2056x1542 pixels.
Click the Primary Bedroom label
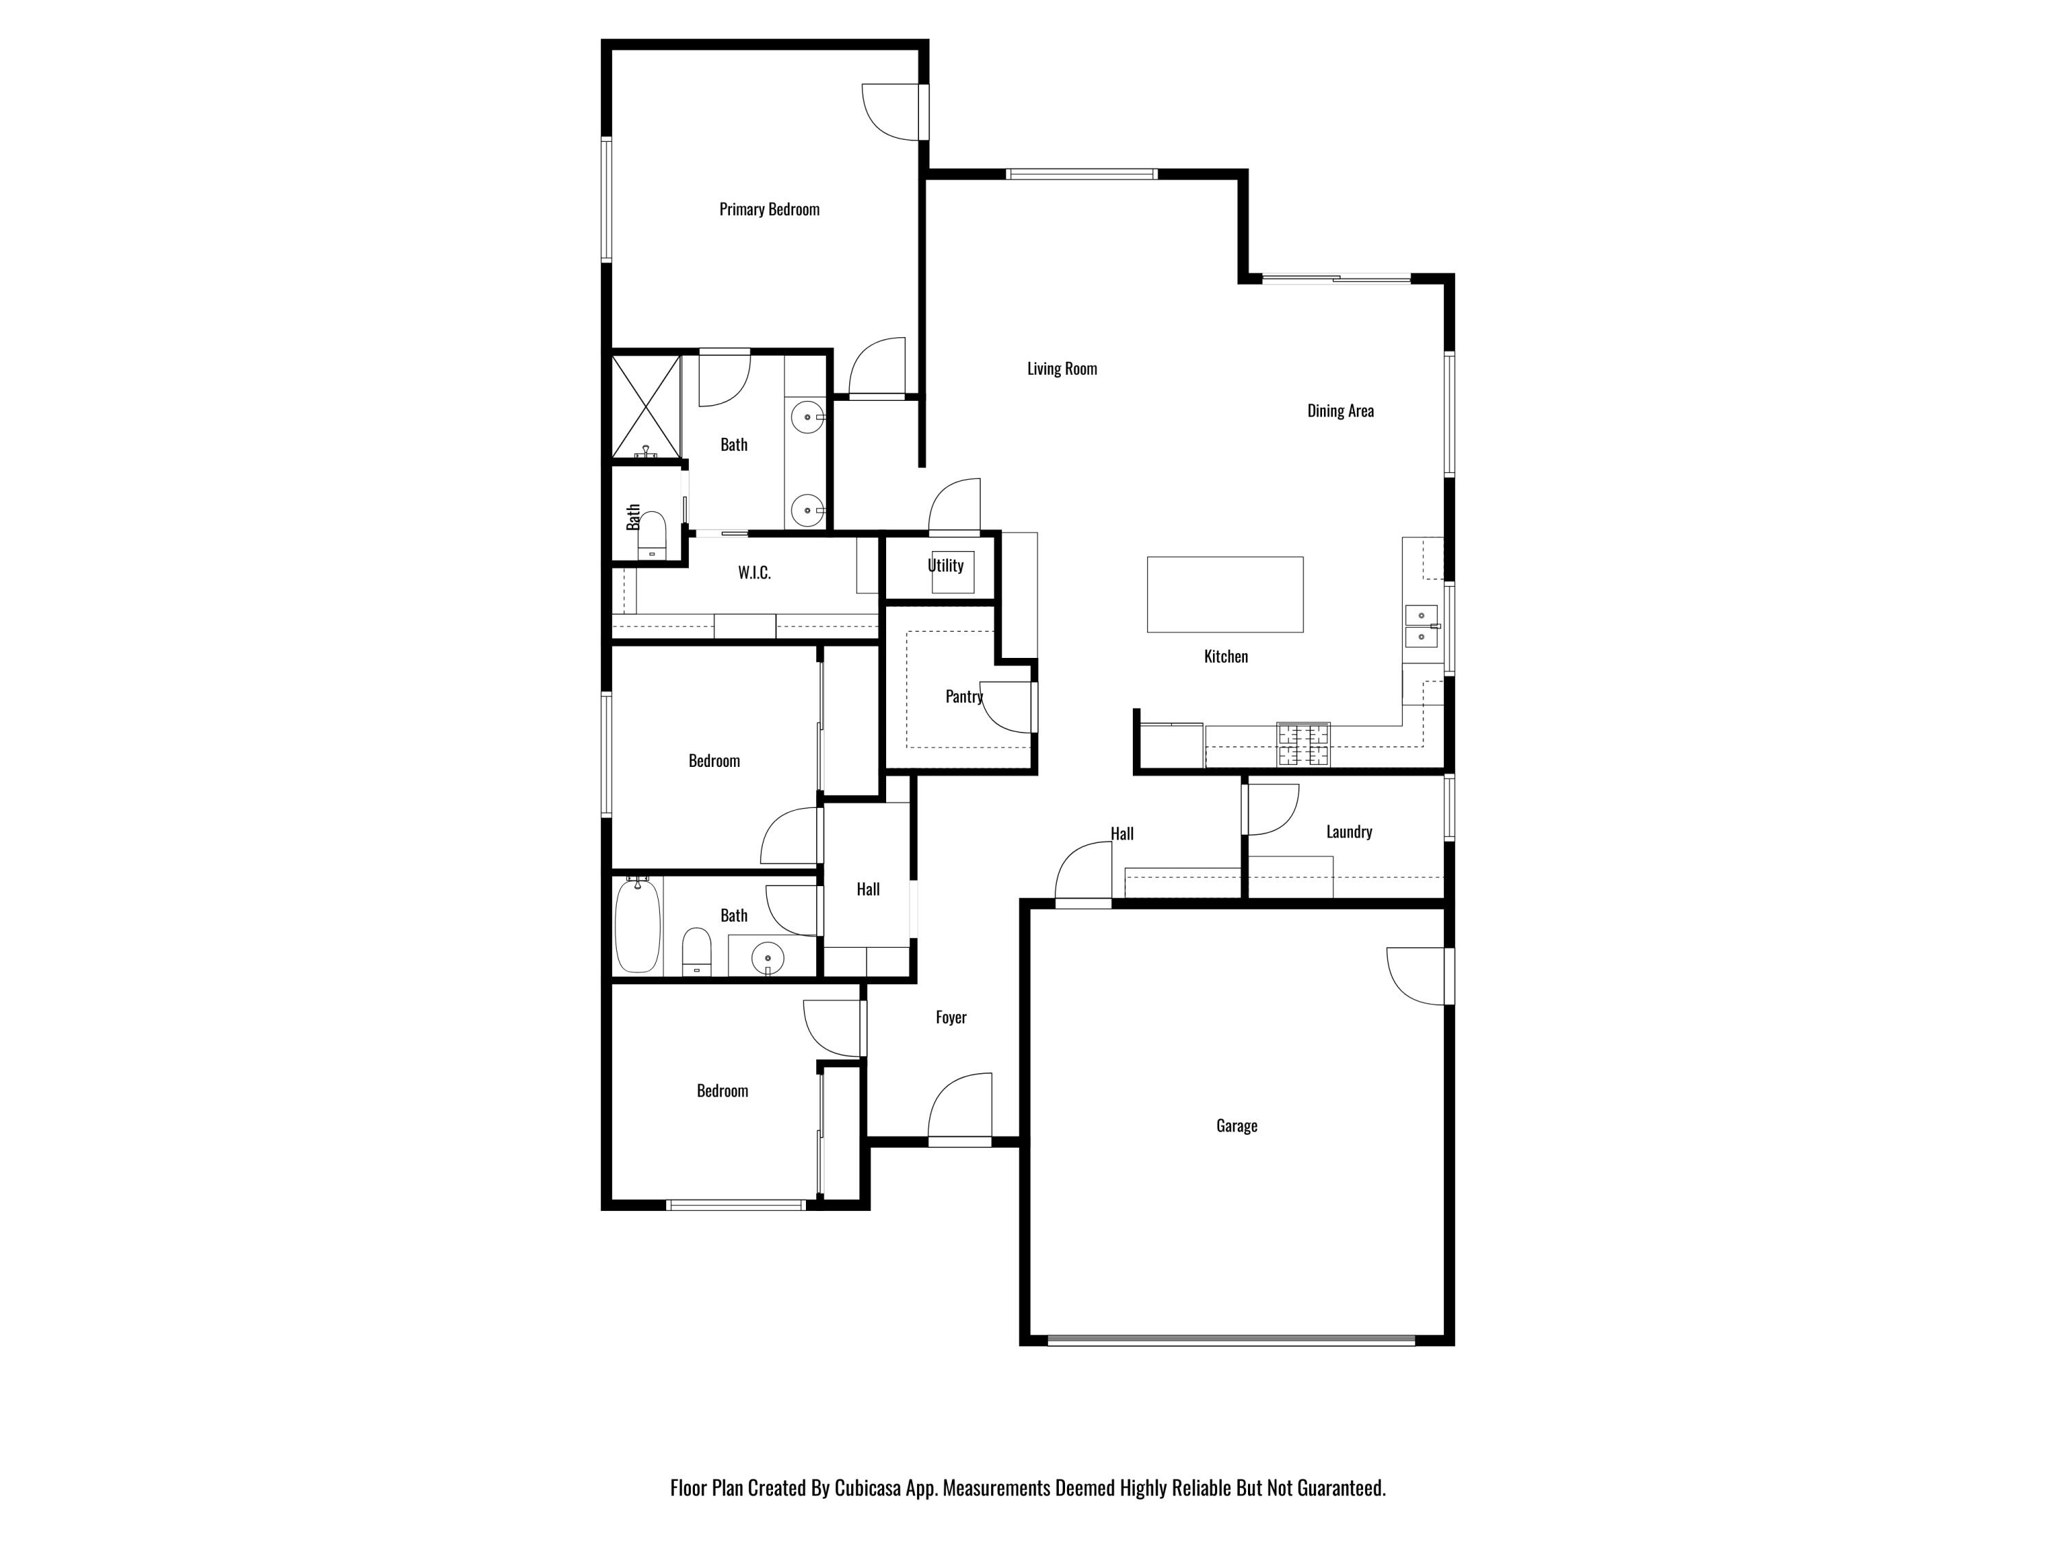click(769, 209)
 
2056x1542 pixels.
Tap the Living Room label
click(1062, 369)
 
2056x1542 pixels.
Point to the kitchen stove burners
click(1303, 744)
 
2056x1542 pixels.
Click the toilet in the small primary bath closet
click(652, 535)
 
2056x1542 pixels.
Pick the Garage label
click(1236, 1125)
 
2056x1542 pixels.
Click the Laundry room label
click(1349, 832)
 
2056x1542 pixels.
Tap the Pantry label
click(964, 696)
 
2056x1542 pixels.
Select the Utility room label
click(945, 565)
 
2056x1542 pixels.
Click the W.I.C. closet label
click(754, 572)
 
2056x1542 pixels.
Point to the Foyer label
click(951, 1018)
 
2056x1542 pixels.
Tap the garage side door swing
click(1417, 976)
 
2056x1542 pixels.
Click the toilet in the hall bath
click(696, 951)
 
